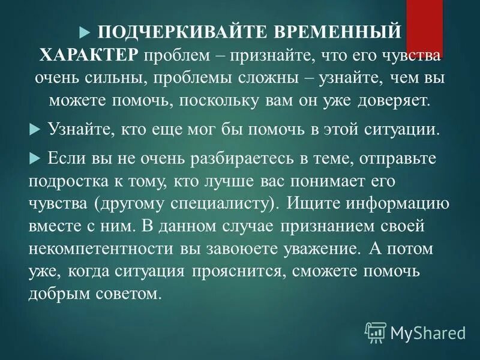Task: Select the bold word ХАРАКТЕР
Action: pyautogui.click(x=90, y=55)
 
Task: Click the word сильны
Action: pyautogui.click(x=129, y=79)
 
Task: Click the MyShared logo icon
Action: pyautogui.click(x=376, y=331)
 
